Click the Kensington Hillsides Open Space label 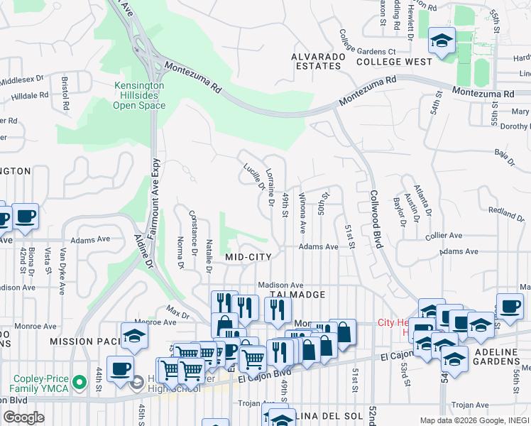pyautogui.click(x=139, y=95)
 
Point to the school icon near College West pyautogui.click(x=442, y=42)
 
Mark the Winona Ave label pyautogui.click(x=302, y=212)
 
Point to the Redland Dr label pyautogui.click(x=505, y=212)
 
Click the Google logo pyautogui.click(x=23, y=417)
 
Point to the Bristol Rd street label pyautogui.click(x=65, y=93)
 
